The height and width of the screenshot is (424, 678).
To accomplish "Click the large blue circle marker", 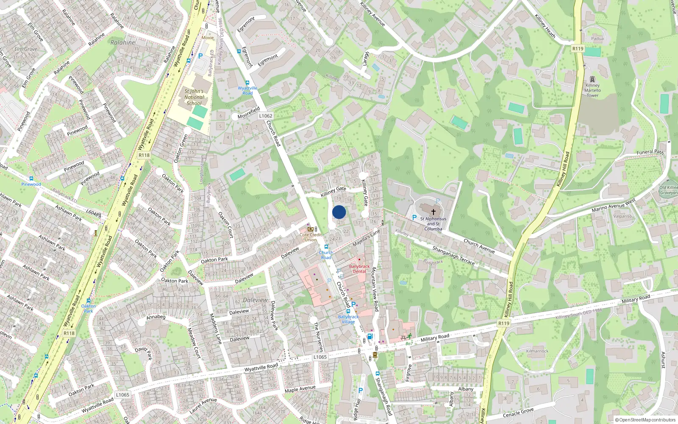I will pos(339,212).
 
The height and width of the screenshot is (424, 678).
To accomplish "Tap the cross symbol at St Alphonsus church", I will pos(433,212).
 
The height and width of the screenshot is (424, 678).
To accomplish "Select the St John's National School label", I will pos(194,97).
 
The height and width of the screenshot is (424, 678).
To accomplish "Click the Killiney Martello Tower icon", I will pos(592,79).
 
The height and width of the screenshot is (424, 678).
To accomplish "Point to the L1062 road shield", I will pos(266,116).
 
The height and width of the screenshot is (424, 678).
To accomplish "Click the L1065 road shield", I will pos(320,357).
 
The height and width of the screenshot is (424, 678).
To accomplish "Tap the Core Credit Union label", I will pos(311,237).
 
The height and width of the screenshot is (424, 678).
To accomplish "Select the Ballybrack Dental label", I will pos(359,269).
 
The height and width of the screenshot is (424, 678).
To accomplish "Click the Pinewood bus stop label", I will pos(31,184).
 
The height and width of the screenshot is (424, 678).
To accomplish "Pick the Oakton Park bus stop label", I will pos(89,308).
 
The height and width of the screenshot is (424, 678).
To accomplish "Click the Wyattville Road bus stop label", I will pos(247,91).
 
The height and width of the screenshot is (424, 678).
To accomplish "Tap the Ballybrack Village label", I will pos(348,319).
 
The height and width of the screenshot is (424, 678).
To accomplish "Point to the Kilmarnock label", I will pos(537,351).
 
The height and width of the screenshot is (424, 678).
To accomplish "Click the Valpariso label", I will pos(622,216).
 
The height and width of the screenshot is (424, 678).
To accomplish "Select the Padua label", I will pos(597,39).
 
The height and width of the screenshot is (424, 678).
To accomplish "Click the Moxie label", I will pos(208,38).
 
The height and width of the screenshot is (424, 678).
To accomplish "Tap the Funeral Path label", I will pos(650,152).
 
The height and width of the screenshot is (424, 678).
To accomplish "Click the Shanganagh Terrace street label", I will pos(453,255).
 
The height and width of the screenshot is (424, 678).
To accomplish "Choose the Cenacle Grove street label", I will pos(518,413).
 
